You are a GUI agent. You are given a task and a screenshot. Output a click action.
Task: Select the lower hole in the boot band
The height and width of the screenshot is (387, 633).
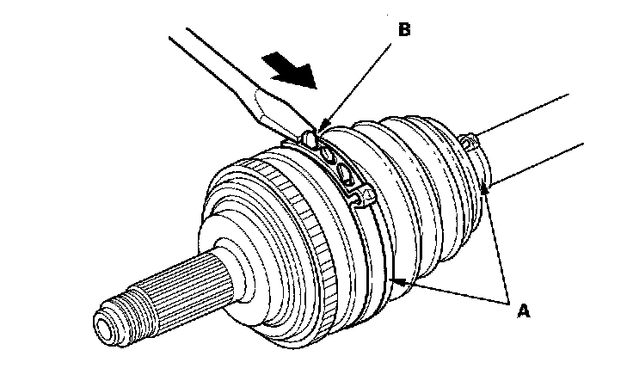(346, 175)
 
